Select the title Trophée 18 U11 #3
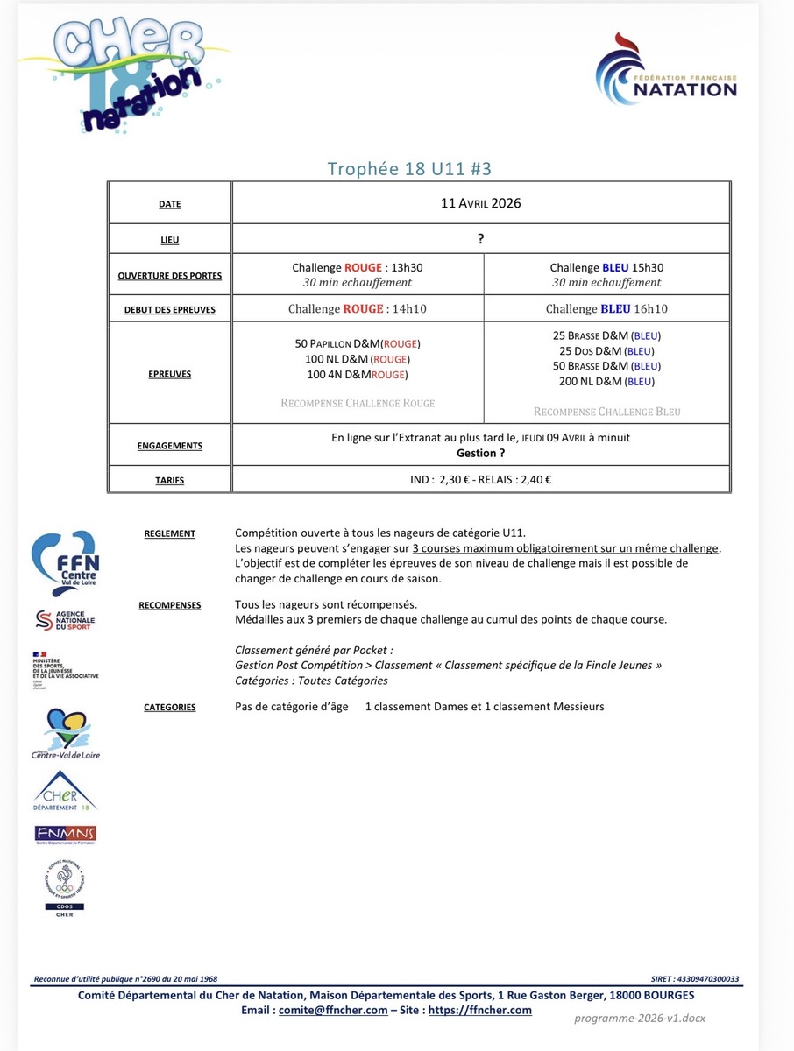coord(415,169)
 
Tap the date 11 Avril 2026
coord(480,203)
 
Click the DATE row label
coord(170,204)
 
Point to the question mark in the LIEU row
coord(481,238)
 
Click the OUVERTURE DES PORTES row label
coord(170,276)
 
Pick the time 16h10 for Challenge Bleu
coord(650,308)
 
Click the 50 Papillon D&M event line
coord(357,343)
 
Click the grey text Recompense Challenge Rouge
coord(358,403)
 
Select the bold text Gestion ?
coord(480,453)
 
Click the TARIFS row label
coord(170,480)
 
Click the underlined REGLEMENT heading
coord(170,533)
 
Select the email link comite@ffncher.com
coord(334,1010)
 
